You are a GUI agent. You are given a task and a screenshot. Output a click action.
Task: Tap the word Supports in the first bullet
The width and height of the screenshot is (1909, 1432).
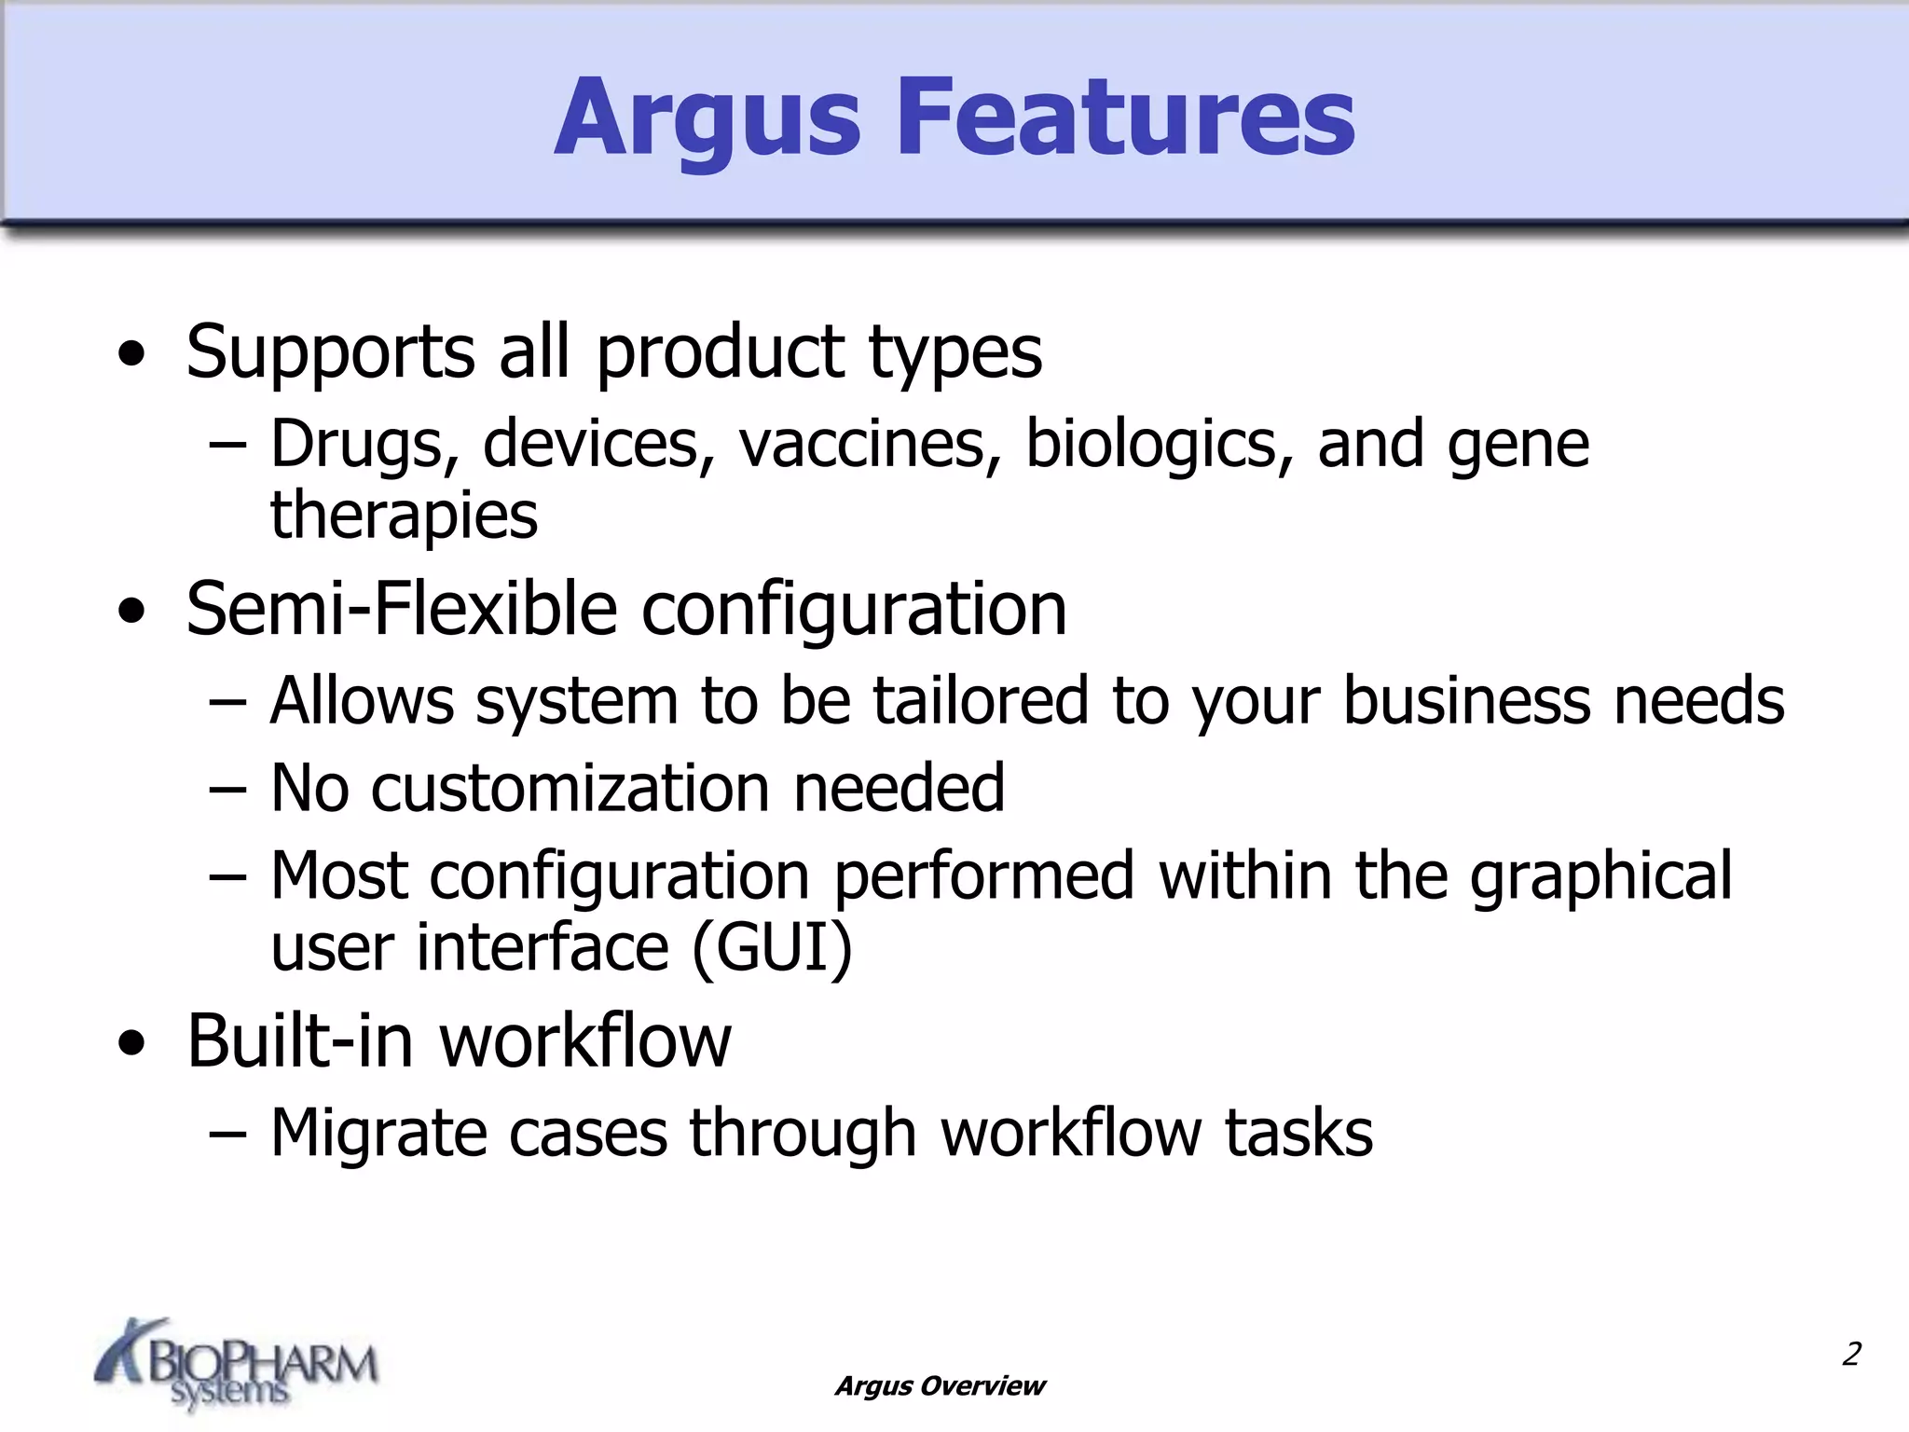click(x=331, y=352)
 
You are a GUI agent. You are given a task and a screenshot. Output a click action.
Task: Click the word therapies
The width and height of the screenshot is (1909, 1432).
click(x=404, y=516)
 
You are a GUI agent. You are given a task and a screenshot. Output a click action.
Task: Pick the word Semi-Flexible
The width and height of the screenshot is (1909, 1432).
click(x=402, y=609)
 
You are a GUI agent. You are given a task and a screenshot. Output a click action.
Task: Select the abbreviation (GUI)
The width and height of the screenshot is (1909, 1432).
click(x=772, y=948)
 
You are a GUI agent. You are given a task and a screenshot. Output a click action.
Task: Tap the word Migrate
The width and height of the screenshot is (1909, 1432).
click(x=378, y=1134)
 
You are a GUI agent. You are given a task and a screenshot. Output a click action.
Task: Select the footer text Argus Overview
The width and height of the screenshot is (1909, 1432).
click(x=940, y=1386)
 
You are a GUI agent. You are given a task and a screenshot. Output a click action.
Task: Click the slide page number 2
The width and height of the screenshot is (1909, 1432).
click(x=1851, y=1354)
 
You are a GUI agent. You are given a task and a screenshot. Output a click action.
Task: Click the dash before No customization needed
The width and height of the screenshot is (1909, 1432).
click(x=228, y=790)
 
